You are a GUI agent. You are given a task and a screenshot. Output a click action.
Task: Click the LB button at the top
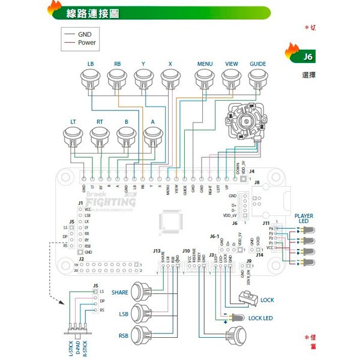point(90,79)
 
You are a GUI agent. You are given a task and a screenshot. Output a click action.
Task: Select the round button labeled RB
point(117,79)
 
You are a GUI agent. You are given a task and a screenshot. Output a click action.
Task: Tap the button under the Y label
point(143,79)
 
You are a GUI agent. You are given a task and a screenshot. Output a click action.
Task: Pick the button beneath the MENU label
point(205,79)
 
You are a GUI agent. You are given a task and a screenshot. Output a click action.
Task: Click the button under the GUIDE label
point(258,79)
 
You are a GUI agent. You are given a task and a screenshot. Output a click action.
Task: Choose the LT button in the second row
point(73,136)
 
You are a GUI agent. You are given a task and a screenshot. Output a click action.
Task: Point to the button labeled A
point(153,136)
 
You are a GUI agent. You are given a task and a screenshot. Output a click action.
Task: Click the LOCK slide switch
point(247,298)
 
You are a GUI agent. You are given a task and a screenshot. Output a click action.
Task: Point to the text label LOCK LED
point(260,318)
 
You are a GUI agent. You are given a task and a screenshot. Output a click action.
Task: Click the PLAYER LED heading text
point(303,218)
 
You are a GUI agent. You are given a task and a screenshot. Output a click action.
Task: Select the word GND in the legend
point(85,34)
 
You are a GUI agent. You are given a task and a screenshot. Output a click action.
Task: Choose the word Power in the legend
point(87,43)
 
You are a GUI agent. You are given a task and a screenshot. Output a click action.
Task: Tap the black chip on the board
point(171,221)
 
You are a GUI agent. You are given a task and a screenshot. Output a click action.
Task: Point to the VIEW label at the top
point(232,64)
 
